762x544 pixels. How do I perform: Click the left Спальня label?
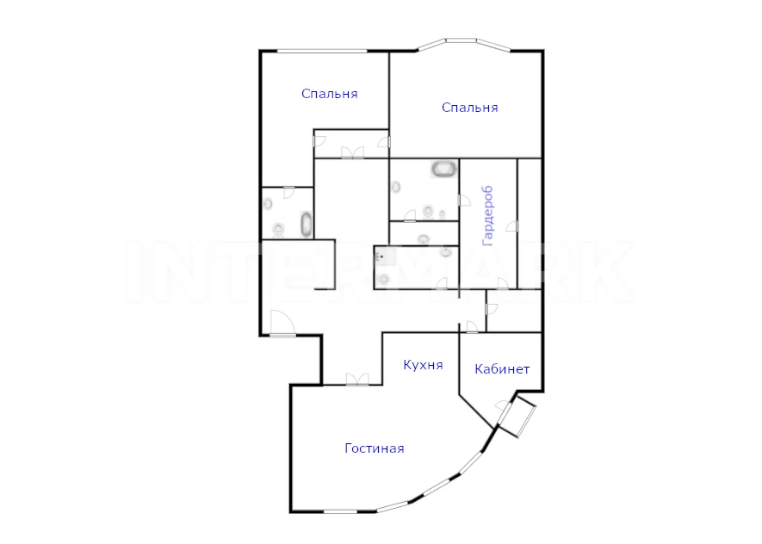(330, 94)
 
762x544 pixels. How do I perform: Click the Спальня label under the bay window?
(470, 108)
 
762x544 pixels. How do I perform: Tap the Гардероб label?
(488, 216)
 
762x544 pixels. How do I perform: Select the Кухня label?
(423, 365)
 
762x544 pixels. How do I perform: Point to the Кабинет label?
(502, 369)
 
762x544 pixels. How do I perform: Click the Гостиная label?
(375, 448)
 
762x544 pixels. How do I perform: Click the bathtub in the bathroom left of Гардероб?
(444, 170)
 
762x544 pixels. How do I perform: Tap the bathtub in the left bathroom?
(307, 225)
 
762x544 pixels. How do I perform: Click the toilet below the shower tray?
(384, 279)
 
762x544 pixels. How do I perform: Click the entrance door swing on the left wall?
(282, 322)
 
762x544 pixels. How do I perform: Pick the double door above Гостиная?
(357, 380)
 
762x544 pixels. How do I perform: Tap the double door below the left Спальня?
(352, 152)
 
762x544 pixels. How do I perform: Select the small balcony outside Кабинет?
(518, 417)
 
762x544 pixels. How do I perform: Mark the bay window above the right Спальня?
(464, 44)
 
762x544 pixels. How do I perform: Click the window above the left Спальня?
(322, 51)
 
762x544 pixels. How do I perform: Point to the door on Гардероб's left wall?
(464, 200)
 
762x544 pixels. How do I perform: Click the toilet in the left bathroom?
(278, 228)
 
